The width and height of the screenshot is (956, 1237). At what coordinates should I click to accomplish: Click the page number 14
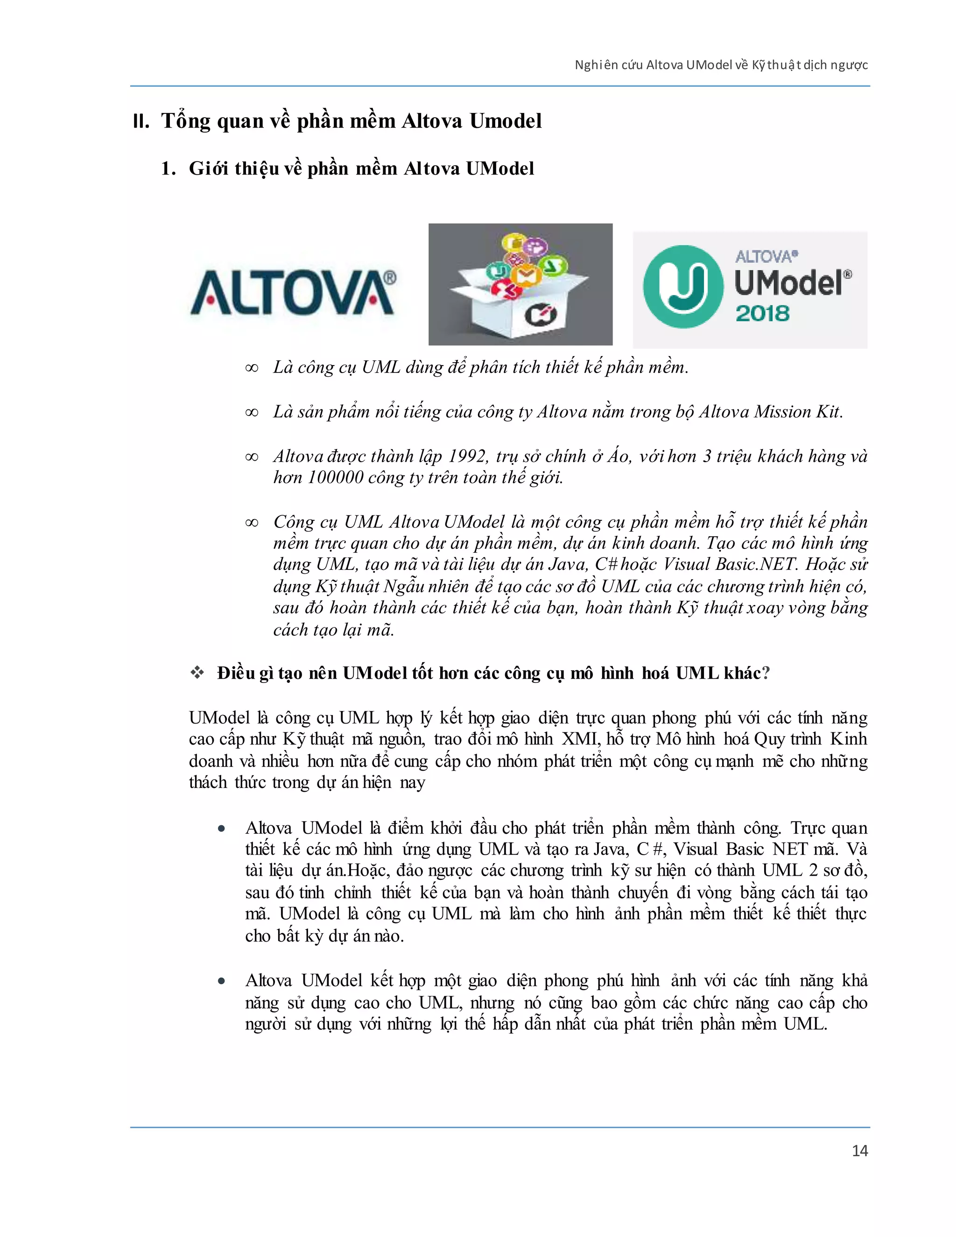(859, 1151)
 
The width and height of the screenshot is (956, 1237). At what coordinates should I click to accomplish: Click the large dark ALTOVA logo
(293, 292)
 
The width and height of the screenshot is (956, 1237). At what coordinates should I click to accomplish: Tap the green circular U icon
(683, 287)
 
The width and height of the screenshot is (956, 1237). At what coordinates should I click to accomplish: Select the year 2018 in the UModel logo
(762, 313)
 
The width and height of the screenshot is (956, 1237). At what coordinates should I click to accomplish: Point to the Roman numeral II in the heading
(141, 122)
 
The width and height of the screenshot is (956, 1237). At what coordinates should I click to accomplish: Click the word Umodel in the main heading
(505, 121)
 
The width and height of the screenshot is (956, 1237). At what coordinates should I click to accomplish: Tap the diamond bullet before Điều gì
(197, 673)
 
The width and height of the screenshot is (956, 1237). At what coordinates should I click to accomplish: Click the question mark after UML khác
(766, 673)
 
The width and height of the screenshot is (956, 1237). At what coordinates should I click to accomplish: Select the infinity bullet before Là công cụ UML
(252, 368)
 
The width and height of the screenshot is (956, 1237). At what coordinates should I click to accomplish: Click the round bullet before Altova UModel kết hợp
(221, 981)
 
